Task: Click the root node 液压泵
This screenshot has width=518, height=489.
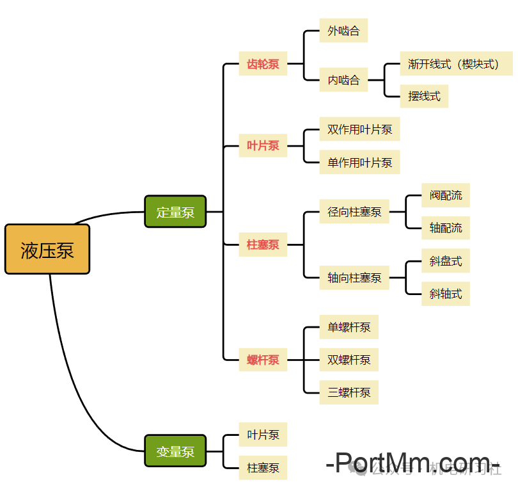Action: [47, 250]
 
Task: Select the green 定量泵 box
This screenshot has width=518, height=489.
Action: [175, 212]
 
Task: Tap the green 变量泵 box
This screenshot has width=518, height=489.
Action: [175, 451]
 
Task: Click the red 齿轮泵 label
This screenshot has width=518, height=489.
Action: [263, 64]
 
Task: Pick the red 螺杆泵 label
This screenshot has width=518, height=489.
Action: [263, 360]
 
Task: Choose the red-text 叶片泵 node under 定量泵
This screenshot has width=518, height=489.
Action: [263, 146]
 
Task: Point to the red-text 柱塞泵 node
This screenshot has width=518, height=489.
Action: [263, 245]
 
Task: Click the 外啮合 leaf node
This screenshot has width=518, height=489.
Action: [343, 31]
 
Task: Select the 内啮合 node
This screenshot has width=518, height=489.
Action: [343, 80]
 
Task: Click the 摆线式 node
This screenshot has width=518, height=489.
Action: [424, 97]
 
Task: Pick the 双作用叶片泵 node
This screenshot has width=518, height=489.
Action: [359, 129]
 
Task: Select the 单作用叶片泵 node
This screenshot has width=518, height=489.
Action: [359, 163]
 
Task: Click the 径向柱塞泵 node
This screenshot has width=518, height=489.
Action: [354, 212]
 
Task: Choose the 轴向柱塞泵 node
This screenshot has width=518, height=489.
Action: [354, 278]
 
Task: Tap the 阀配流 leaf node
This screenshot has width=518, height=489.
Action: [445, 195]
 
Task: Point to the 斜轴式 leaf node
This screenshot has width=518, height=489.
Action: [445, 294]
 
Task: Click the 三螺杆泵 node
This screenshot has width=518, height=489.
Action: [349, 392]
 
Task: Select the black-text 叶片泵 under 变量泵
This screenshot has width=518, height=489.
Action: [263, 435]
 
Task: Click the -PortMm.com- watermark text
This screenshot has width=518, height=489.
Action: [412, 463]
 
